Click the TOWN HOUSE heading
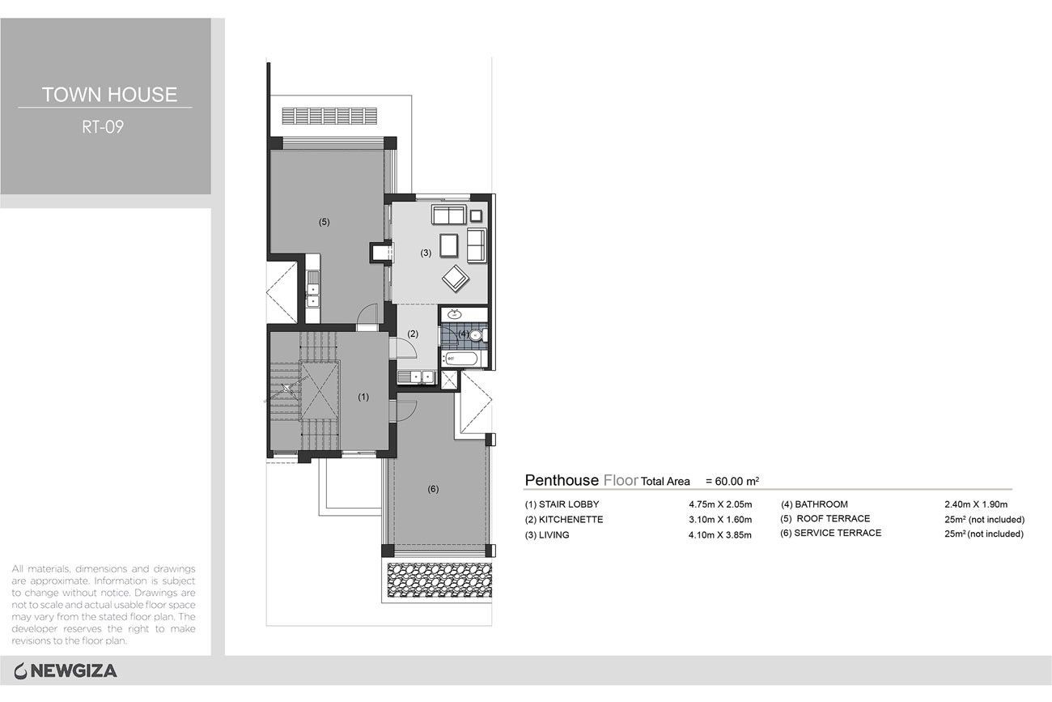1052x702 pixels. (109, 95)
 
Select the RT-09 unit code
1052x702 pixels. (103, 127)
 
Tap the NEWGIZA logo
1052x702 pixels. (66, 671)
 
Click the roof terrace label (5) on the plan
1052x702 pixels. (324, 222)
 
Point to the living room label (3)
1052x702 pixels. (426, 253)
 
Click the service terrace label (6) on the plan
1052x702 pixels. (433, 489)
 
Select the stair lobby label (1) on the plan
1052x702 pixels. (363, 397)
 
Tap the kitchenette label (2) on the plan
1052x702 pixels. (413, 334)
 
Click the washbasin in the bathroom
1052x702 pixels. (454, 314)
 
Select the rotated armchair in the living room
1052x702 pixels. (455, 279)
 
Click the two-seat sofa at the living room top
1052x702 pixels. (449, 215)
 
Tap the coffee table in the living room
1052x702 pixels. (449, 245)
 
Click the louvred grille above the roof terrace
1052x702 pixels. (329, 116)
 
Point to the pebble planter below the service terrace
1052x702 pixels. (439, 581)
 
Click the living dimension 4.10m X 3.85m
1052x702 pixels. (720, 534)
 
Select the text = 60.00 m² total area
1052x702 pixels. (732, 481)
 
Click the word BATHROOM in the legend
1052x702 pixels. (821, 504)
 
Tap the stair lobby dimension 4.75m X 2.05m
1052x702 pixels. (720, 504)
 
